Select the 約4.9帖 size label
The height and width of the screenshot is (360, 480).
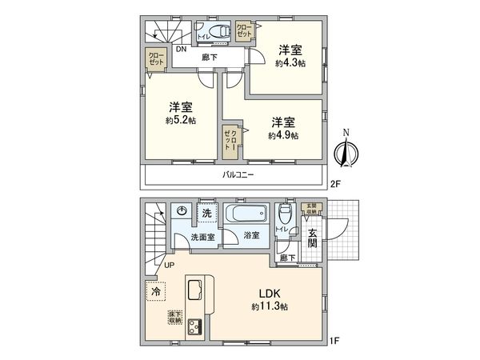(x=284, y=136)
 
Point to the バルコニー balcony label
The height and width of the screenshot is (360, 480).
(x=239, y=174)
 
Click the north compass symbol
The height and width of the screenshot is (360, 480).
(x=346, y=151)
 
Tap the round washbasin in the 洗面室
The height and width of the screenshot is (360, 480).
(x=182, y=211)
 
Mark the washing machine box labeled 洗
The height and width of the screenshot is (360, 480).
(x=207, y=213)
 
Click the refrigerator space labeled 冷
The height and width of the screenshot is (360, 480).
(x=155, y=291)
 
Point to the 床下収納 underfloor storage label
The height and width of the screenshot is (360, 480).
(x=174, y=318)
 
